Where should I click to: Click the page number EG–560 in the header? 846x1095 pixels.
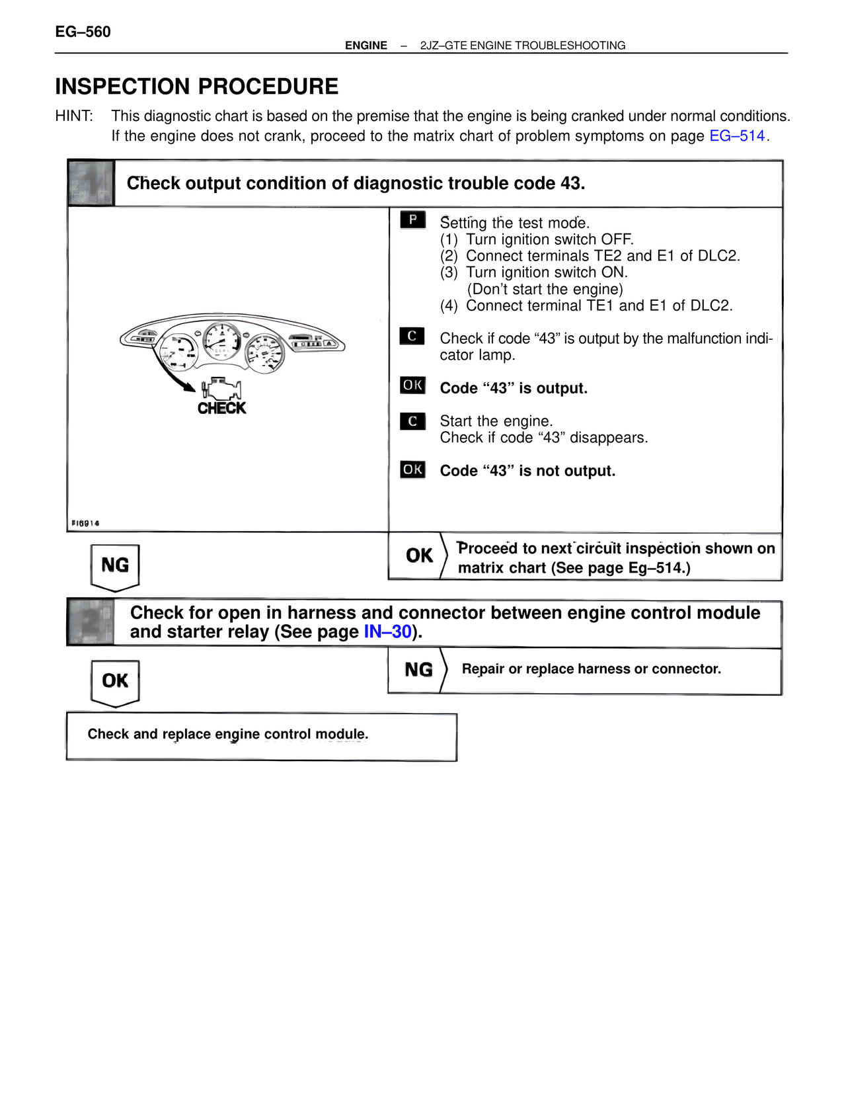coord(83,32)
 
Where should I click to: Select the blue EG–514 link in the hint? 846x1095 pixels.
coord(736,136)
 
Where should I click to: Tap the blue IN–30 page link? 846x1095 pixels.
coord(388,631)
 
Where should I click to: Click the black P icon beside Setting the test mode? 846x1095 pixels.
coord(412,220)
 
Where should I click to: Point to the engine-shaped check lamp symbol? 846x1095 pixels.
coord(221,387)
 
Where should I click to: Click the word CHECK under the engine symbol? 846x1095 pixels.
coord(221,408)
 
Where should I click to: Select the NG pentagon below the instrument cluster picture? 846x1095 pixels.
coord(115,565)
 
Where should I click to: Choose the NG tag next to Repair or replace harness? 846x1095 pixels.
coord(418,670)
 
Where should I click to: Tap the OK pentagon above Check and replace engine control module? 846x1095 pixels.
coord(115,681)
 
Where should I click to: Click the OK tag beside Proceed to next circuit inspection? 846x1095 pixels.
coord(419,555)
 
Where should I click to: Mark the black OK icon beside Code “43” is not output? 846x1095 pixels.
coord(412,469)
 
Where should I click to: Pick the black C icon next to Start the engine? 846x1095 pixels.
coord(412,421)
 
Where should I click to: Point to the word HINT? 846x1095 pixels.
coord(74,116)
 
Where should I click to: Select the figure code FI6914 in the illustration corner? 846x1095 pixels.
coord(85,523)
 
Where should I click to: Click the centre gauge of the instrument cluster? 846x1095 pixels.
coord(221,341)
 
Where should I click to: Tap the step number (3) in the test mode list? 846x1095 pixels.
coord(449,272)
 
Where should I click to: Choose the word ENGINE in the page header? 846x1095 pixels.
coord(366,46)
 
